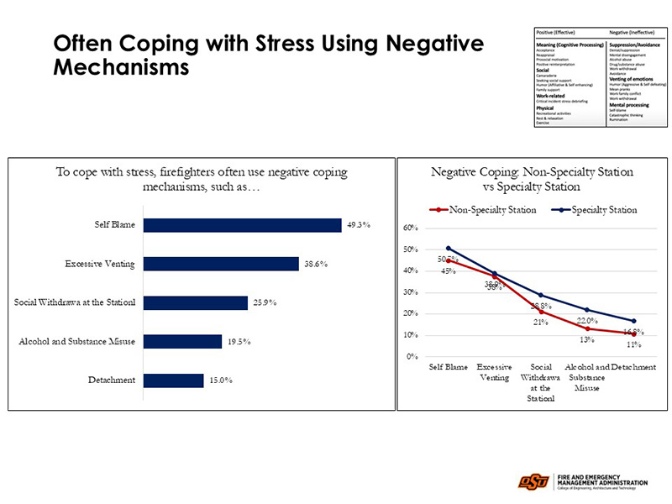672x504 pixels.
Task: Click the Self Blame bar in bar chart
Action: [x=242, y=225]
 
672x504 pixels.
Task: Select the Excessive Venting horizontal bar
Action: [x=221, y=264]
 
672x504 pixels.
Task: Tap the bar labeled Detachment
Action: [x=172, y=380]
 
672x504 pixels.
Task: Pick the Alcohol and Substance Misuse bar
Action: [x=183, y=341]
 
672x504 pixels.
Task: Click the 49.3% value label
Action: [x=360, y=225]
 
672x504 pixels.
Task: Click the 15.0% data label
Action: [x=220, y=380]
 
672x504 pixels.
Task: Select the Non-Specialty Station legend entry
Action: [x=483, y=209]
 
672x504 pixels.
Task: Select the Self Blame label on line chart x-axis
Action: [x=449, y=368]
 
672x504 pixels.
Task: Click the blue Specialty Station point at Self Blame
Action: [x=449, y=248]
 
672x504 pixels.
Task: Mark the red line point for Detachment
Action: [x=633, y=333]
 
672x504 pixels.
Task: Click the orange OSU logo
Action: [x=533, y=481]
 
